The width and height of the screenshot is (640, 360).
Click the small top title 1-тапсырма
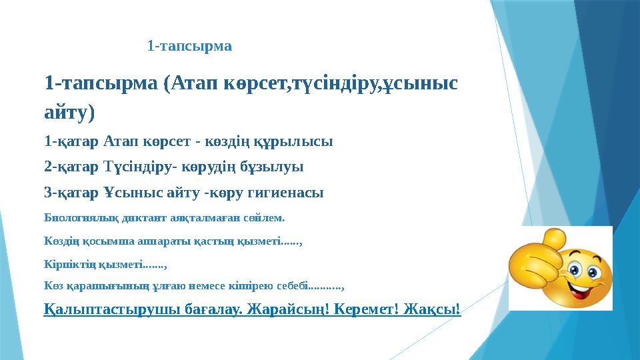pos(189,46)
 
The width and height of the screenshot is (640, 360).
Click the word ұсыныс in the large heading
pos(417,85)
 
